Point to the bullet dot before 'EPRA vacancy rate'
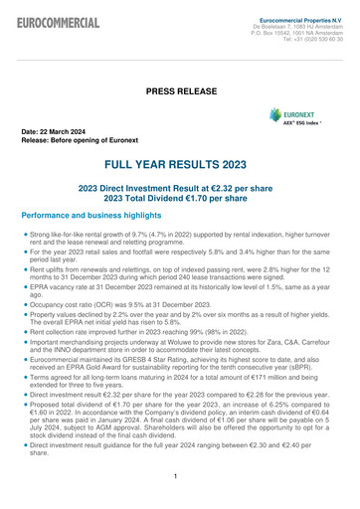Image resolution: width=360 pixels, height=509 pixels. click(x=24, y=286)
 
